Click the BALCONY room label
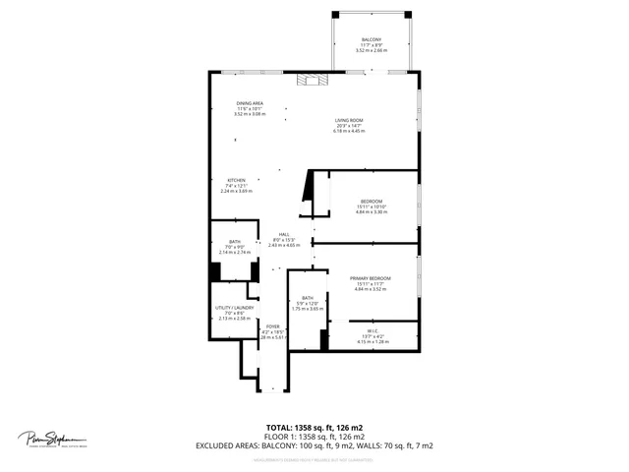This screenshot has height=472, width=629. coord(371,40)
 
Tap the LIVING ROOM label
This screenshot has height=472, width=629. coord(349,120)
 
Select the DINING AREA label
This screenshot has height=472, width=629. coord(250,103)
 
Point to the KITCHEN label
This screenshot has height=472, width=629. coord(237,180)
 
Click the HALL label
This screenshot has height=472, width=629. coord(283,234)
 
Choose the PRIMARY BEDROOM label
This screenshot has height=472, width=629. coord(371,278)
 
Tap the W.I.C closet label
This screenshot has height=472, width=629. coord(371,330)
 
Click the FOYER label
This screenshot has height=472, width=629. coord(272,325)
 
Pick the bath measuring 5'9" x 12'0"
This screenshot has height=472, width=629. coord(308,303)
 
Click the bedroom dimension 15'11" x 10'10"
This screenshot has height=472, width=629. coord(371,206)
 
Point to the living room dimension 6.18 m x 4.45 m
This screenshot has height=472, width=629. coord(349,131)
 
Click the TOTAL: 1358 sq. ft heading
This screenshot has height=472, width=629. coord(314,427)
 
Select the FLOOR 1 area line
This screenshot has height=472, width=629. coord(314,436)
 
